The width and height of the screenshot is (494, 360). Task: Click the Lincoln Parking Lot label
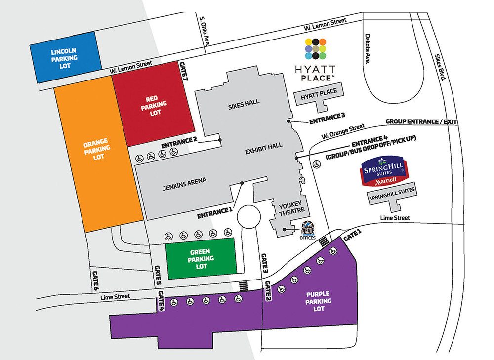(x=64, y=58)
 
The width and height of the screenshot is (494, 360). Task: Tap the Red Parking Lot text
(x=154, y=105)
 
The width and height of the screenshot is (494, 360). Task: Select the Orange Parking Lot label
(x=97, y=149)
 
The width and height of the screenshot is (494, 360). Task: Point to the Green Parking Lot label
(x=201, y=259)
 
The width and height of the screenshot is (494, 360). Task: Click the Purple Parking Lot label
(x=319, y=301)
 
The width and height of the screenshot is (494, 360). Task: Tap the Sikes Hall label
(x=244, y=104)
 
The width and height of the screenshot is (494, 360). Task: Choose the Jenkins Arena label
(x=185, y=184)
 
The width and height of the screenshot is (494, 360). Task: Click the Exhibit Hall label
(x=264, y=148)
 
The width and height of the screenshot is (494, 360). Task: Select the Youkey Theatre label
(x=292, y=208)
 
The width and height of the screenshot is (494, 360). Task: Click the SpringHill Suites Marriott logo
(x=384, y=170)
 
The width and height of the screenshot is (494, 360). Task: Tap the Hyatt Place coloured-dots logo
(x=315, y=49)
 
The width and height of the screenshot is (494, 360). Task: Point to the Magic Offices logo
(x=308, y=230)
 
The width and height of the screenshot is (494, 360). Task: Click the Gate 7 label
(x=183, y=71)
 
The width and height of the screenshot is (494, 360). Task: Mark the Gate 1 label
(x=353, y=235)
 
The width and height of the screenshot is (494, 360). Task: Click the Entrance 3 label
(x=327, y=119)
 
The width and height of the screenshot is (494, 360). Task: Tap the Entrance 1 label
(x=214, y=213)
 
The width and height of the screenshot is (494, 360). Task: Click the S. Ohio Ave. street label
(x=204, y=31)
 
